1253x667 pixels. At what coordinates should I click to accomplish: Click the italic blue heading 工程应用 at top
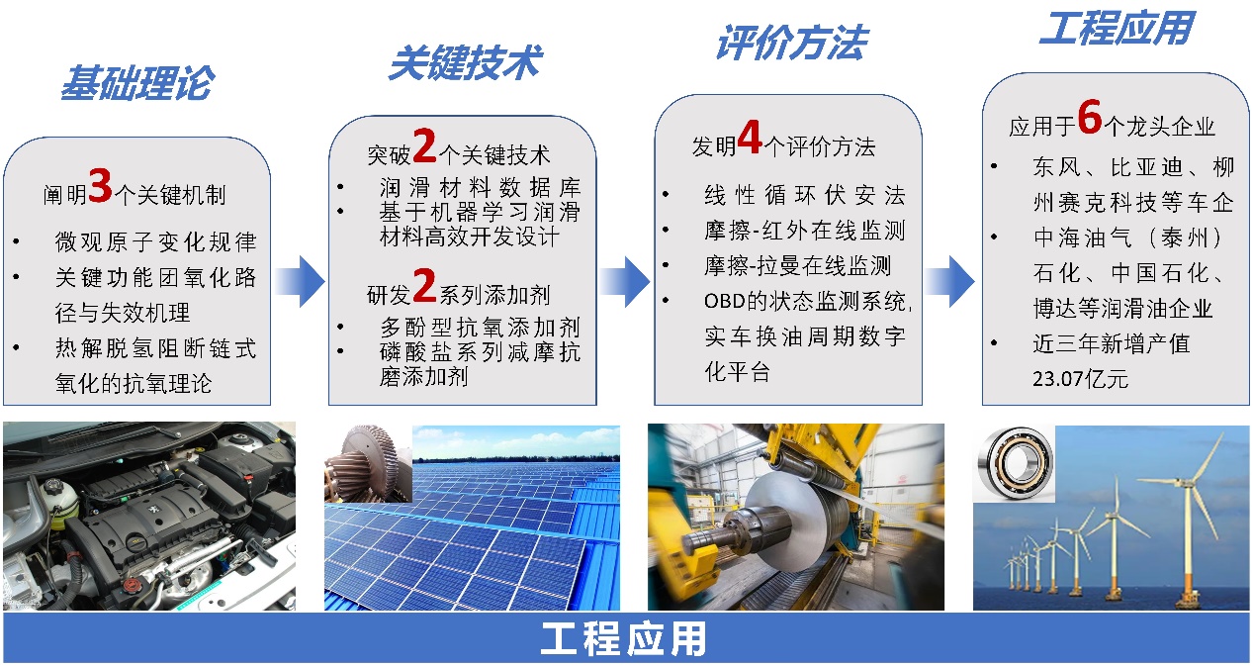click(1116, 29)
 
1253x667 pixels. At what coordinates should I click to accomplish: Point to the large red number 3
click(100, 187)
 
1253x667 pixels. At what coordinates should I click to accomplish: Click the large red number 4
click(750, 140)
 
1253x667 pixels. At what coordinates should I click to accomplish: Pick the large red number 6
click(1089, 119)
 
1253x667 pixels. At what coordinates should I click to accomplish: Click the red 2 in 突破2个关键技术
click(424, 147)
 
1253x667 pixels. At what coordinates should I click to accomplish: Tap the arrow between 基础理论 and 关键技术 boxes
click(300, 281)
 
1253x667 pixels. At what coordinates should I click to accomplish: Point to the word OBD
click(725, 300)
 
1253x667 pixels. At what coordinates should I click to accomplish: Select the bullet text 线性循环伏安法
click(803, 195)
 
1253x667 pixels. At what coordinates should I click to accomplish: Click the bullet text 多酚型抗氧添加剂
click(480, 327)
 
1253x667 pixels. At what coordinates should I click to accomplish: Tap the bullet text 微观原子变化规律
click(155, 242)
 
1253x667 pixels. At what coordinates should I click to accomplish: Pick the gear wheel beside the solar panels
click(367, 463)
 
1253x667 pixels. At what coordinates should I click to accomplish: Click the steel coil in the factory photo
click(791, 524)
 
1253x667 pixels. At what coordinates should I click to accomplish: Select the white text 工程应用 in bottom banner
click(625, 639)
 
